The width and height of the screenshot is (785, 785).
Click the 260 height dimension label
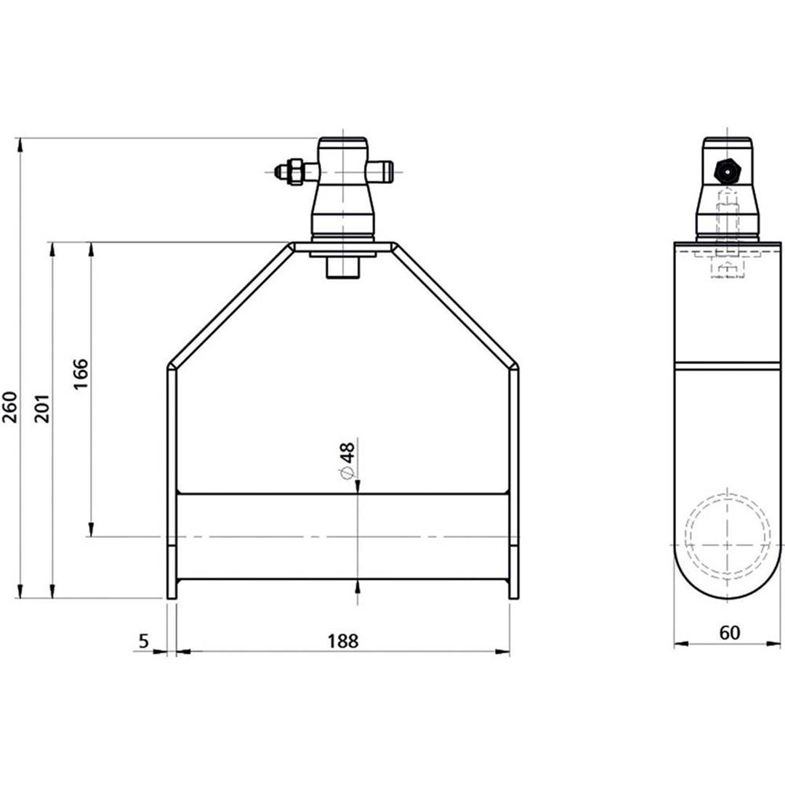pos(10,406)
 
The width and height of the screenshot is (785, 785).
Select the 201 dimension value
pos(43,408)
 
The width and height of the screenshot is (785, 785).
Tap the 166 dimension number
pos(80,374)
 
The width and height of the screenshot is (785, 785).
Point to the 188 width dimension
pos(343,641)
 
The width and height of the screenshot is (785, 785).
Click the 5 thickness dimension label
pos(144,641)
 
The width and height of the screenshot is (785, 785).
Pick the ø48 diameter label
pos(347,461)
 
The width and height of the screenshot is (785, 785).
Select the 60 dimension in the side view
pos(730,633)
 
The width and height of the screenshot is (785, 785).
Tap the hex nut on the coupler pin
pos(295,172)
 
